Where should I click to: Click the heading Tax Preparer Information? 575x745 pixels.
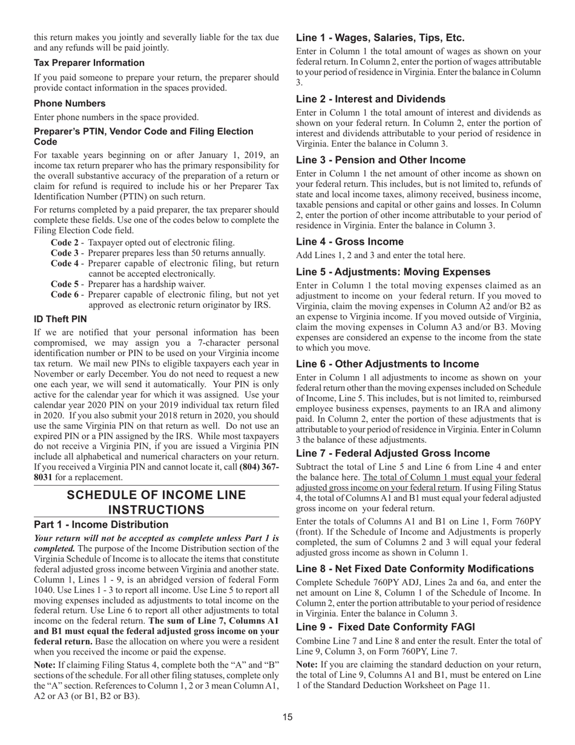[x=89, y=63]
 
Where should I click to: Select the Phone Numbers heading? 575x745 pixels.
[x=70, y=104]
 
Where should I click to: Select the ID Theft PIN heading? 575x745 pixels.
[x=61, y=319]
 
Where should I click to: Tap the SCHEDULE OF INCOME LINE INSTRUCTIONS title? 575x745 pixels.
[x=156, y=502]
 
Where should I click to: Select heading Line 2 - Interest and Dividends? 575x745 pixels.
[x=370, y=99]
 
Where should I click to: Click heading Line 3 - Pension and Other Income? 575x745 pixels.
[x=381, y=161]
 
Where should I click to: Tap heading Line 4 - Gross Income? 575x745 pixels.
[x=350, y=242]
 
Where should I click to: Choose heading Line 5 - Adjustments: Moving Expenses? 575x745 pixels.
[x=401, y=273]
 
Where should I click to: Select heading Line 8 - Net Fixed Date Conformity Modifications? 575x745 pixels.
[x=415, y=569]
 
